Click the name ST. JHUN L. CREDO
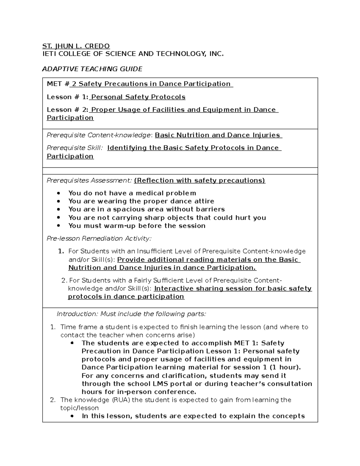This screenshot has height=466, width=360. click(76, 46)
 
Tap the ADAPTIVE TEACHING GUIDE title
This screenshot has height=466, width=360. click(92, 69)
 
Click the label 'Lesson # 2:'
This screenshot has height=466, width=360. click(67, 110)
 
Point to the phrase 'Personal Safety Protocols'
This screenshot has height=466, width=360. click(138, 97)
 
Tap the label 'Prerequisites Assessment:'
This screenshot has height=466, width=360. click(89, 181)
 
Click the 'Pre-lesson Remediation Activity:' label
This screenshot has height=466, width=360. click(99, 239)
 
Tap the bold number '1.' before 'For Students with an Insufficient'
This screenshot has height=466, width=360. click(61, 251)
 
